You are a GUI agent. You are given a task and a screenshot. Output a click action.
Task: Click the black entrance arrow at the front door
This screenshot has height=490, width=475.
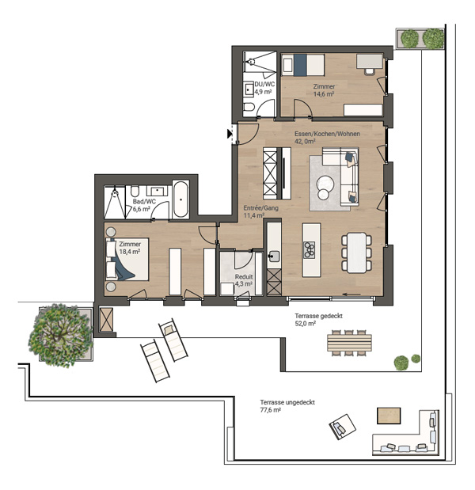point(230,134)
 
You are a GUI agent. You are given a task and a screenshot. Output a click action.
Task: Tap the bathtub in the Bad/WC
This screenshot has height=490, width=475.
point(181,199)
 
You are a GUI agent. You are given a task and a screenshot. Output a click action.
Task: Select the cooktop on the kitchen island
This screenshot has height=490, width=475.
point(310,249)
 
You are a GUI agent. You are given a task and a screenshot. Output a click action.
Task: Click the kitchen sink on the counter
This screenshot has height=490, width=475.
point(274,256)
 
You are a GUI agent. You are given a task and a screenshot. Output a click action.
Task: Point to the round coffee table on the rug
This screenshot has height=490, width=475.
point(325,183)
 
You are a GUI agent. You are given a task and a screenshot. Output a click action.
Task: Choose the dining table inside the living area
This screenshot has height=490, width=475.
point(356,253)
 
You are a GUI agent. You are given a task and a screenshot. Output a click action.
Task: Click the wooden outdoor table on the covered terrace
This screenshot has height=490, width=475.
point(349,343)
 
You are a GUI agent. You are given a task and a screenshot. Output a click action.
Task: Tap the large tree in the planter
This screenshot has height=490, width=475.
point(60,336)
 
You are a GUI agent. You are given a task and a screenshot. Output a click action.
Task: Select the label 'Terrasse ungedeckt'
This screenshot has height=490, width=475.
point(287,402)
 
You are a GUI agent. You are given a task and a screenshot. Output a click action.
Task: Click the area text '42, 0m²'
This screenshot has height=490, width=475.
point(305,141)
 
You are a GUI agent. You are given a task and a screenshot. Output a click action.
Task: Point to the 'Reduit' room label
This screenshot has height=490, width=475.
point(244,276)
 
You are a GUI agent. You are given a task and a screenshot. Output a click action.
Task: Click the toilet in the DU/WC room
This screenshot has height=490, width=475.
point(249,107)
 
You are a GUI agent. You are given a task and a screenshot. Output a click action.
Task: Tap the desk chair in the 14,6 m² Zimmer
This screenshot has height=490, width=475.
point(370,70)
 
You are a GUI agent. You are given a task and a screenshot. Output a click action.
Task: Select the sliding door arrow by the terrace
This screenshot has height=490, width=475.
point(351,294)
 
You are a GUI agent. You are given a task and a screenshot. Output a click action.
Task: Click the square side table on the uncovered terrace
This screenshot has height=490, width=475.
point(389,416)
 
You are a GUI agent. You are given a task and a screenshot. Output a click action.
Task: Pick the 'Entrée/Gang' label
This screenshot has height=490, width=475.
point(261,208)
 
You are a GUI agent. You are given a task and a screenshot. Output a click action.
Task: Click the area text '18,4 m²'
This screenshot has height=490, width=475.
point(129,252)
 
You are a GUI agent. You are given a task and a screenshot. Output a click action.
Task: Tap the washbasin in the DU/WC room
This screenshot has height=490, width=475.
point(249,89)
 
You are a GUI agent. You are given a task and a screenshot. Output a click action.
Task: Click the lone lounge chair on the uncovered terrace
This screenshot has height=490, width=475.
point(342,427)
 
